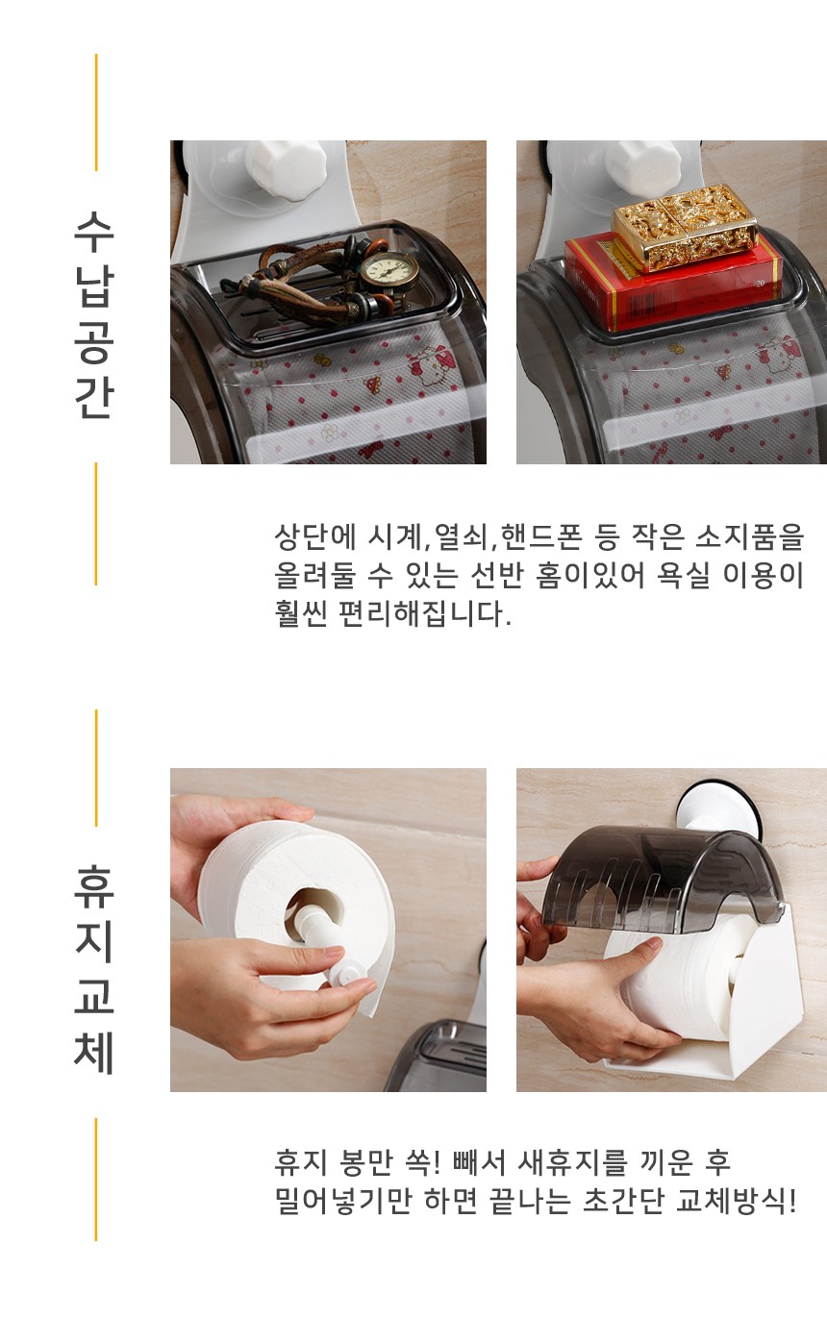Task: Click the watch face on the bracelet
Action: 389,272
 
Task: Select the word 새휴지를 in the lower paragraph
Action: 572,1163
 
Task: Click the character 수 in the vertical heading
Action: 94,232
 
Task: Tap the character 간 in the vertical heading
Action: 94,397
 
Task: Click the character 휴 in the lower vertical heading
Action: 94,886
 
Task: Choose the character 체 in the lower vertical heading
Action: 94,1053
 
